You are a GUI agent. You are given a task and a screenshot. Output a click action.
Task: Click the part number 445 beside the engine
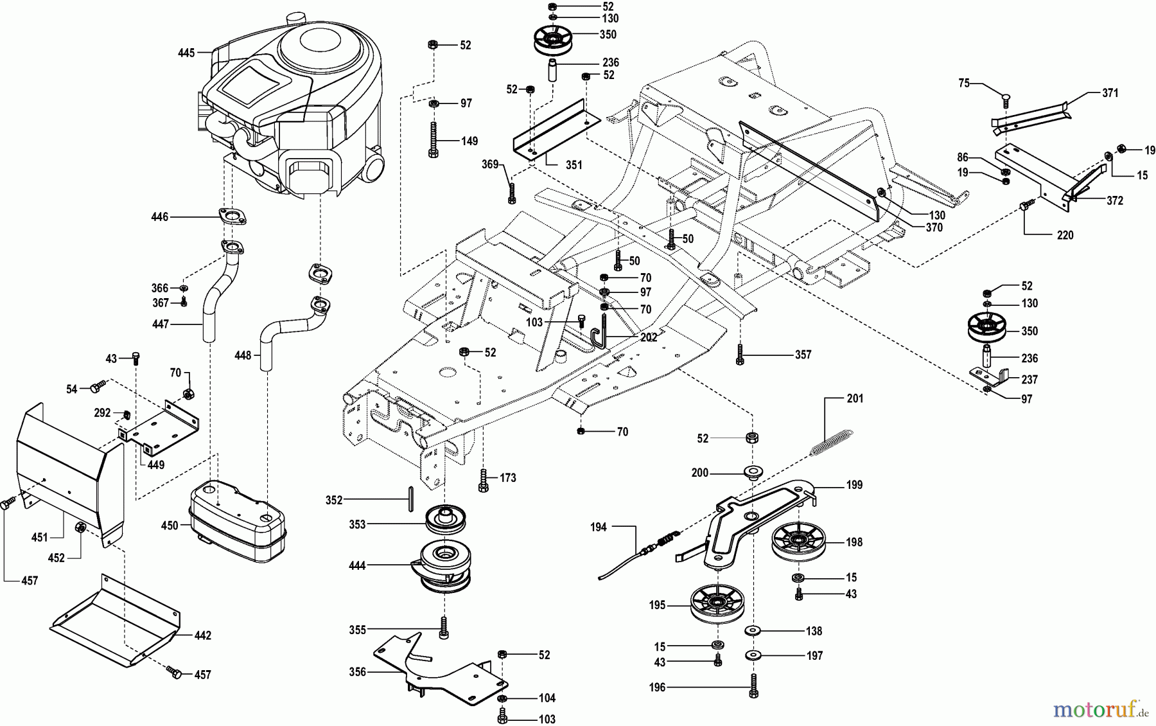click(186, 53)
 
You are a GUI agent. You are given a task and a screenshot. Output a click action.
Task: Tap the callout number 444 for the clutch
click(356, 565)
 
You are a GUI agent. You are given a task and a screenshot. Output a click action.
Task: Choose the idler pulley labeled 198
click(798, 542)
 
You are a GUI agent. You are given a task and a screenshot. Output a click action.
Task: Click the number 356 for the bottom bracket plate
click(357, 672)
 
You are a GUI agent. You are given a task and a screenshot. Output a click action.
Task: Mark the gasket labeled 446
click(232, 217)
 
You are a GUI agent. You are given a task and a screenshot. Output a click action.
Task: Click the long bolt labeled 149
click(433, 138)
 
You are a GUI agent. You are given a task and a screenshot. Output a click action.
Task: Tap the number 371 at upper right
click(1110, 93)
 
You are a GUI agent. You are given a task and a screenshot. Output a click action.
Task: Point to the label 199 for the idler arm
click(854, 485)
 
